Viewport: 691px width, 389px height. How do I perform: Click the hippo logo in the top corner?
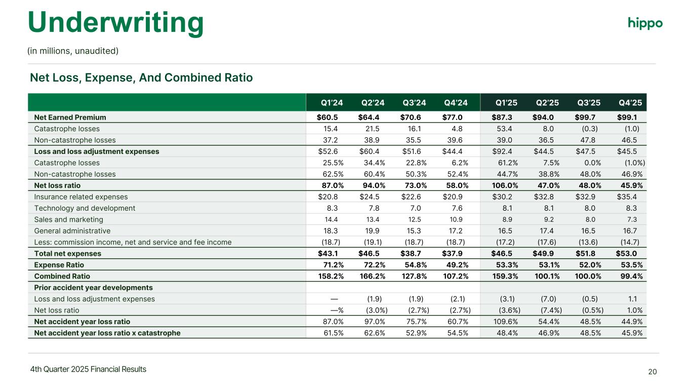(x=645, y=23)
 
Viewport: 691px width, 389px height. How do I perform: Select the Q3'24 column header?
(x=414, y=103)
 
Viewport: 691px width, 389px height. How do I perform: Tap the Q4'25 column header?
(x=630, y=103)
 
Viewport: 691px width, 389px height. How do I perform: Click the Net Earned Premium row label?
(x=70, y=118)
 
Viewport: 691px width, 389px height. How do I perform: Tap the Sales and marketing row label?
(x=68, y=219)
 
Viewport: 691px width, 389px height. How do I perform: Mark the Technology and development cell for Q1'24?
(x=335, y=208)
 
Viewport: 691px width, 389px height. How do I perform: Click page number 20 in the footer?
(x=653, y=372)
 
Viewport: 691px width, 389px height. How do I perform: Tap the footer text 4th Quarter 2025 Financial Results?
(x=88, y=369)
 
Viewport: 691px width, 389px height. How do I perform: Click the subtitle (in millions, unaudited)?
(x=73, y=51)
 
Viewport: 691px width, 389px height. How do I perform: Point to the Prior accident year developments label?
(x=93, y=288)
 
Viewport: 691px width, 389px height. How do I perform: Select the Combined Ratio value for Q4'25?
(x=630, y=276)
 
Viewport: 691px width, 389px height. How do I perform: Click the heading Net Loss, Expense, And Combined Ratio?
(x=141, y=78)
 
